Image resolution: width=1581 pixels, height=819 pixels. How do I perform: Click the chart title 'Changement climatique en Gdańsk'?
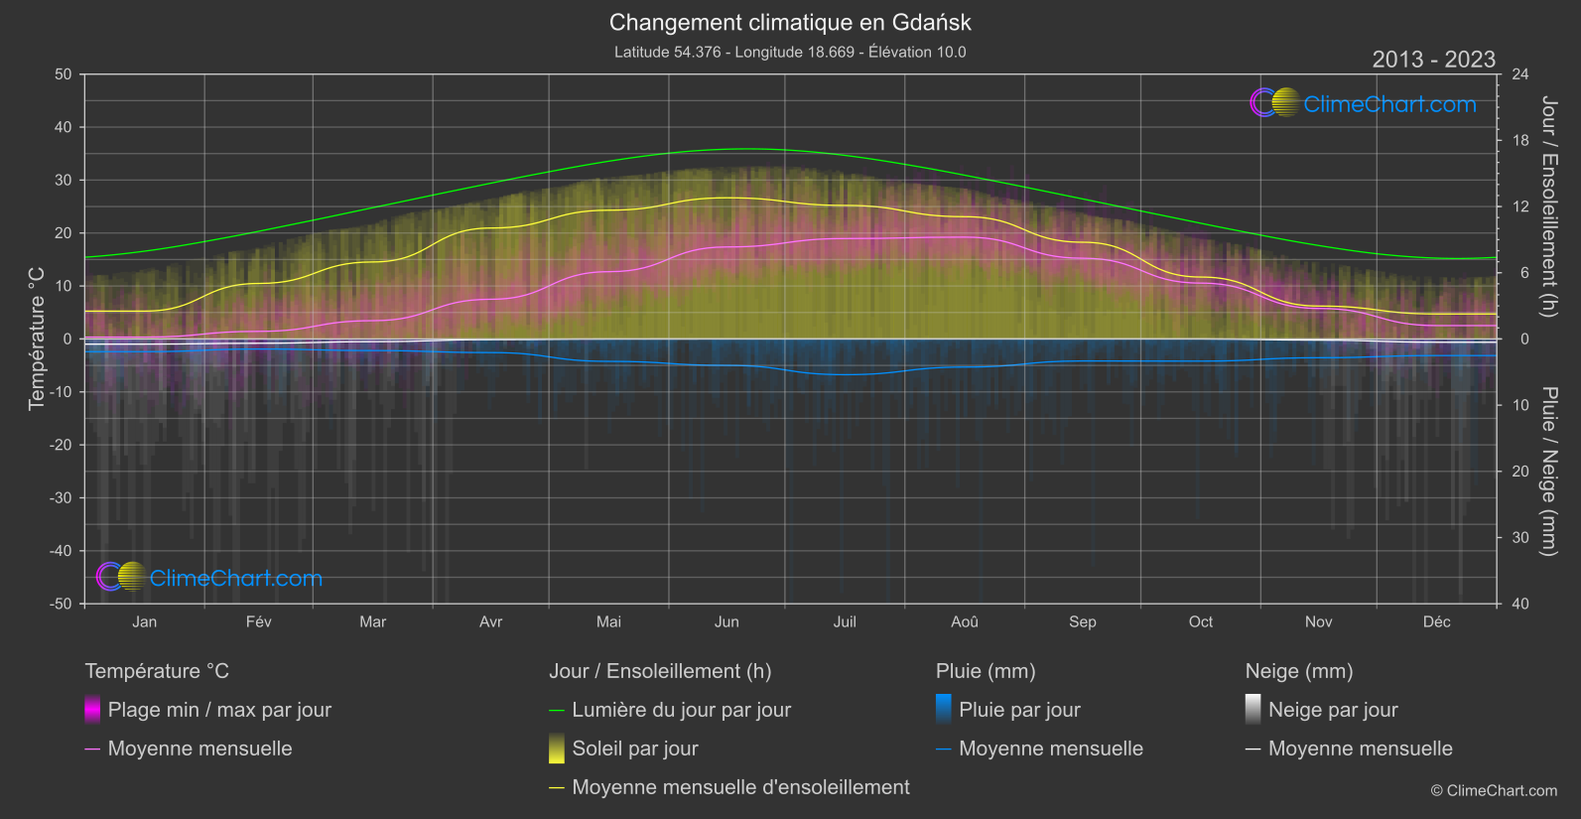coord(790,22)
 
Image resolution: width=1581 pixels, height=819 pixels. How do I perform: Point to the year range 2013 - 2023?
coord(1433,60)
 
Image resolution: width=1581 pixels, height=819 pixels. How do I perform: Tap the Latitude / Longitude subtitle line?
coord(790,52)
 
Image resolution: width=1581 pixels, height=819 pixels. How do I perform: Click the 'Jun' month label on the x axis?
coord(726,621)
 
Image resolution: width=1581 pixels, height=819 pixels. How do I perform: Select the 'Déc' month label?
coord(1436,621)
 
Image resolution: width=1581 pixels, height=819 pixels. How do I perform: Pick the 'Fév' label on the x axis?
coord(258,621)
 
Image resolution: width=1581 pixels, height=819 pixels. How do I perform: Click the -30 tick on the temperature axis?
coord(62,498)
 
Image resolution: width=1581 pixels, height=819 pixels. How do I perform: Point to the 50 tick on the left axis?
coord(64,74)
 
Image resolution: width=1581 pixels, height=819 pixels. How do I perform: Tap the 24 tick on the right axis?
coord(1519,74)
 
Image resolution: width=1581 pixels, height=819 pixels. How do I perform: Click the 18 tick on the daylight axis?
coord(1519,141)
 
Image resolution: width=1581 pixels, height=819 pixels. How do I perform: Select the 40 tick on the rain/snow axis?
coord(1519,604)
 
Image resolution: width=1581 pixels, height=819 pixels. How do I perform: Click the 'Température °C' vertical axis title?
coord(37,339)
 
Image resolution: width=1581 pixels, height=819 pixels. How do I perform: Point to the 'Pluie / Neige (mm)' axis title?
coord(1548,472)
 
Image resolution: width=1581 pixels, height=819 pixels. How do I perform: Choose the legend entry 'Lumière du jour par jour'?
coord(681,710)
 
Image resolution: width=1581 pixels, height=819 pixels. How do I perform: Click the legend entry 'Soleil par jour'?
coord(634,749)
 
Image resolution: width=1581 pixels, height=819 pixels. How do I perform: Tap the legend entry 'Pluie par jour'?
coord(1019,710)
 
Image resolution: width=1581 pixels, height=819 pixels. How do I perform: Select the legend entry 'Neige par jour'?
coord(1332,710)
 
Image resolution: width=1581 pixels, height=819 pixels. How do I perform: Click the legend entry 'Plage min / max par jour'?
coord(218,710)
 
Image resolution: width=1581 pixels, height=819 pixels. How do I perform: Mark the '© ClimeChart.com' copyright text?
coord(1494,791)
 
